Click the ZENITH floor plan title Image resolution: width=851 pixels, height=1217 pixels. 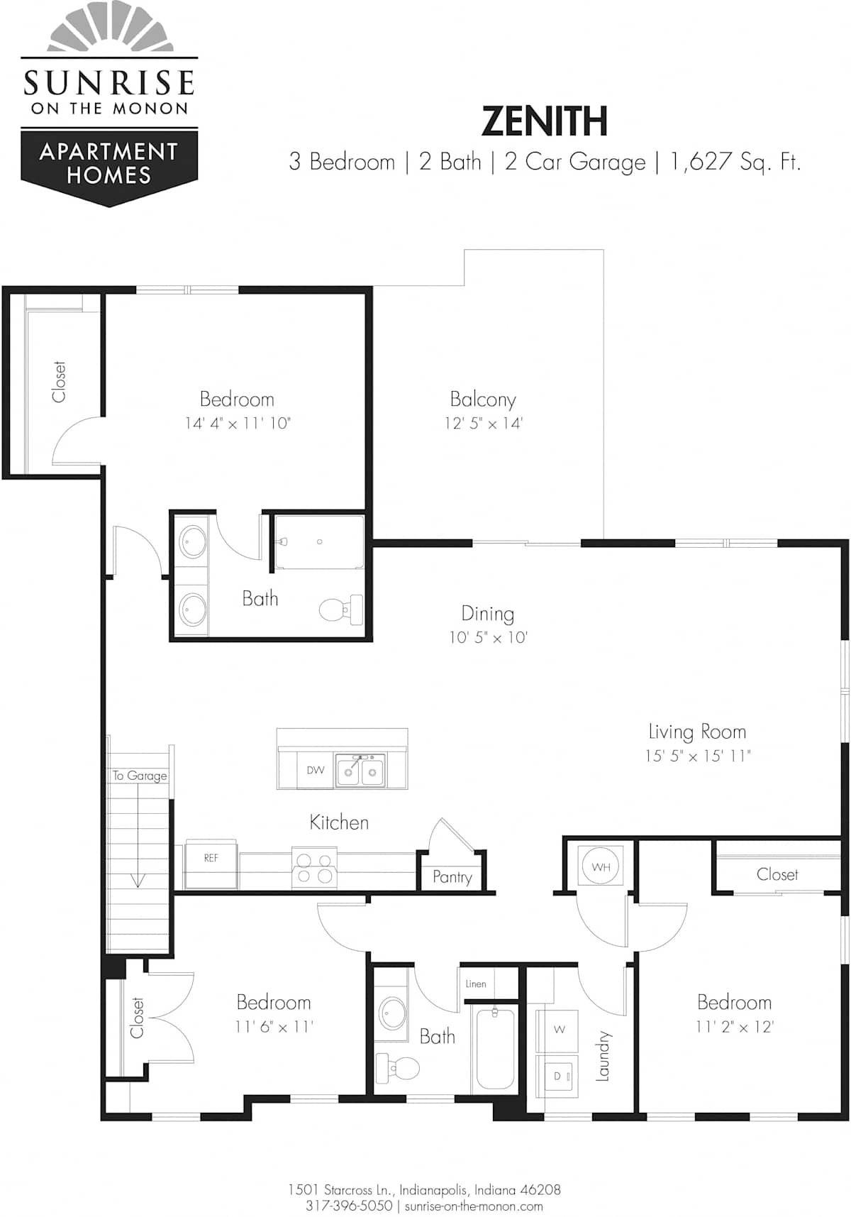[544, 121]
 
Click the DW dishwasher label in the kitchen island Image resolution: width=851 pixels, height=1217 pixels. [316, 770]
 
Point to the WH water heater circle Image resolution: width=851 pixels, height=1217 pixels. [601, 866]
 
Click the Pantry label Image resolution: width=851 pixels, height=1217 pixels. [452, 877]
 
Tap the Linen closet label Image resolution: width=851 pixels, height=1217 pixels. [476, 984]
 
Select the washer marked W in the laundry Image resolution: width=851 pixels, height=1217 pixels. [559, 1030]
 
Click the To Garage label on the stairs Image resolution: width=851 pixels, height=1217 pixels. [140, 776]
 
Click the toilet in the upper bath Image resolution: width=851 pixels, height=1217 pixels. [341, 610]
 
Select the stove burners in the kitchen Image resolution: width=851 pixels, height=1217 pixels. [314, 868]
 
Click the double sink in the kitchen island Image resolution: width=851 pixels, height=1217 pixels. [360, 770]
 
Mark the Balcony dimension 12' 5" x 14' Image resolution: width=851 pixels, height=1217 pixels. [484, 424]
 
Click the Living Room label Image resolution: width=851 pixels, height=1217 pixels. [697, 732]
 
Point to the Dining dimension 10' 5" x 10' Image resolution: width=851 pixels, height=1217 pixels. [488, 637]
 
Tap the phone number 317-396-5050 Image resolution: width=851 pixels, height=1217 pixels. [349, 1206]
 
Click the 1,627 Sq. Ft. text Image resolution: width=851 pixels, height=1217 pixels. [735, 162]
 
